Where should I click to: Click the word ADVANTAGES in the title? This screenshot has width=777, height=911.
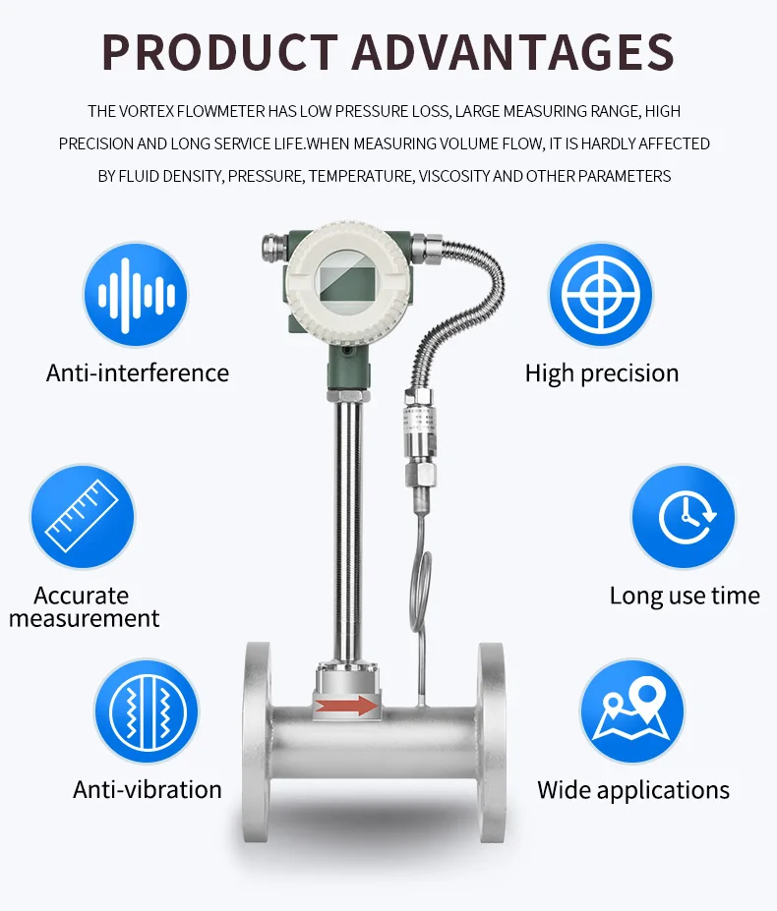coord(513,51)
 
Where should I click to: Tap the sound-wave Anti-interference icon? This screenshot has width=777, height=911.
coord(136,294)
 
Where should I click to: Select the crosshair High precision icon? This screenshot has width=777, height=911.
coord(600,294)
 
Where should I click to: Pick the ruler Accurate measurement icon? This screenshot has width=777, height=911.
coord(82,517)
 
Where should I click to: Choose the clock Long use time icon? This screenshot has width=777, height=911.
coord(684,517)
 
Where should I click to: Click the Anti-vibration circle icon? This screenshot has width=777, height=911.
coord(146,712)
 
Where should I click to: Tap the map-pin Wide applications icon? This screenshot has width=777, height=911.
coord(632,712)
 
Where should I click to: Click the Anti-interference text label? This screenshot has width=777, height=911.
coord(138,373)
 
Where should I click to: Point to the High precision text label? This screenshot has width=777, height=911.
coord(602,373)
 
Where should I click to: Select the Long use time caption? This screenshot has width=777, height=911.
coord(685,596)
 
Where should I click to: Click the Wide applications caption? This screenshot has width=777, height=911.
coord(633,790)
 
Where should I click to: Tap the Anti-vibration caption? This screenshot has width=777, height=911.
coord(148,790)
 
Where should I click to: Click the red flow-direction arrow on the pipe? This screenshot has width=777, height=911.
coord(347,705)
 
